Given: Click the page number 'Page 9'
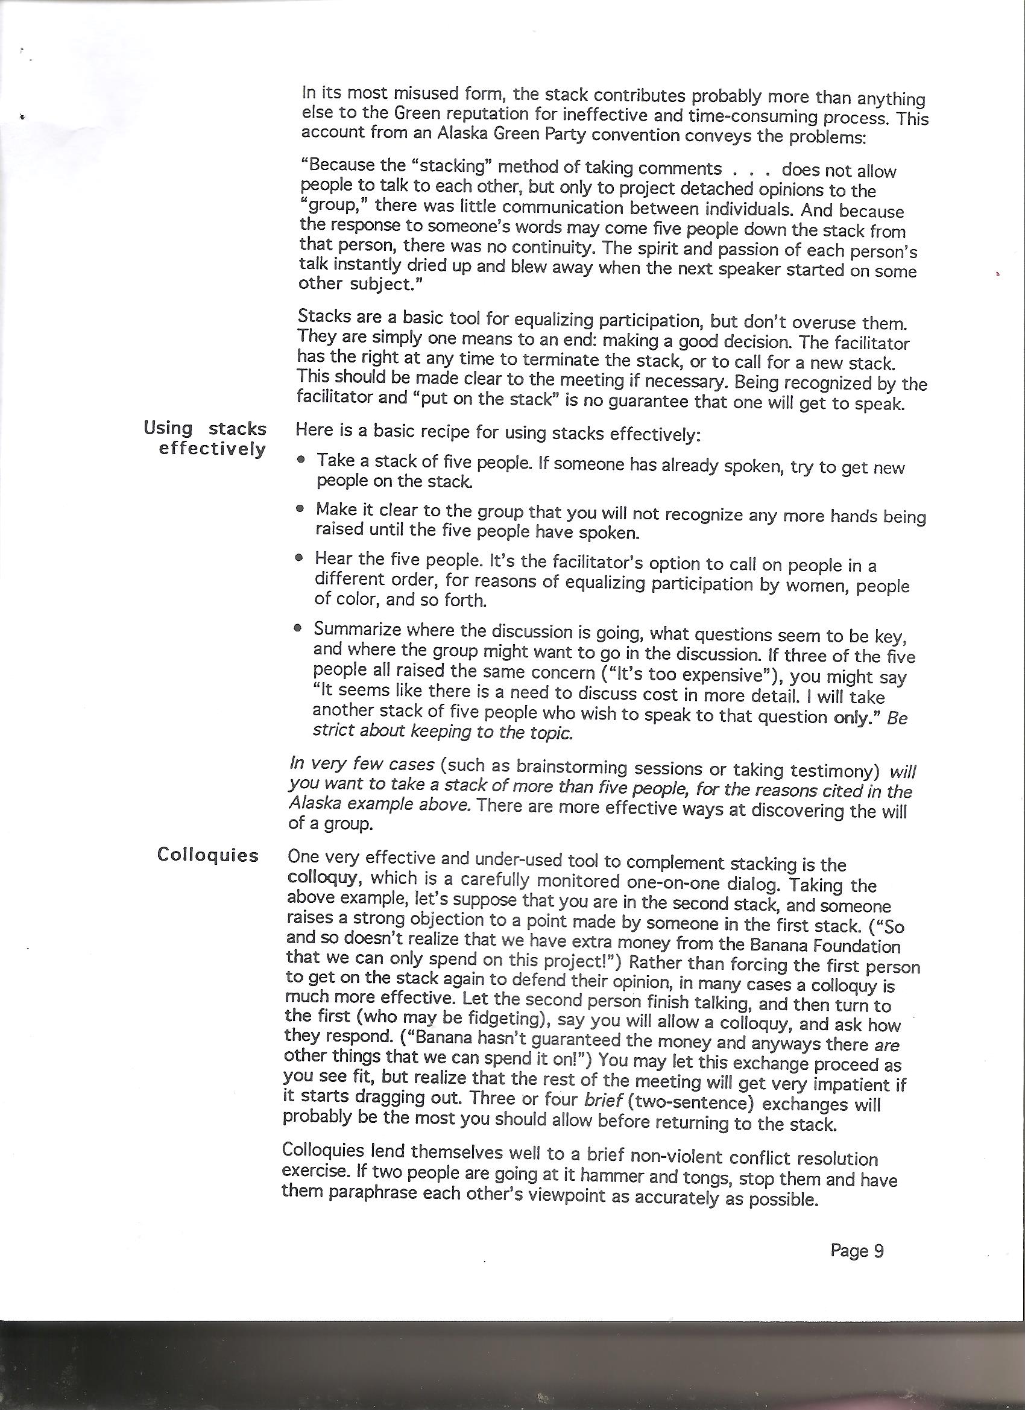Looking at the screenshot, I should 857,1250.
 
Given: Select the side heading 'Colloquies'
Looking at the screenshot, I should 207,855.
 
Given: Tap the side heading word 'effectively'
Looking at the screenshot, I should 212,448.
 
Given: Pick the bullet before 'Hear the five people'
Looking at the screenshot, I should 300,558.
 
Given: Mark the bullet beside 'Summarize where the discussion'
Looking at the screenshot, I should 298,628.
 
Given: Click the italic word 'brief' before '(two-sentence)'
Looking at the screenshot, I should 604,1100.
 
